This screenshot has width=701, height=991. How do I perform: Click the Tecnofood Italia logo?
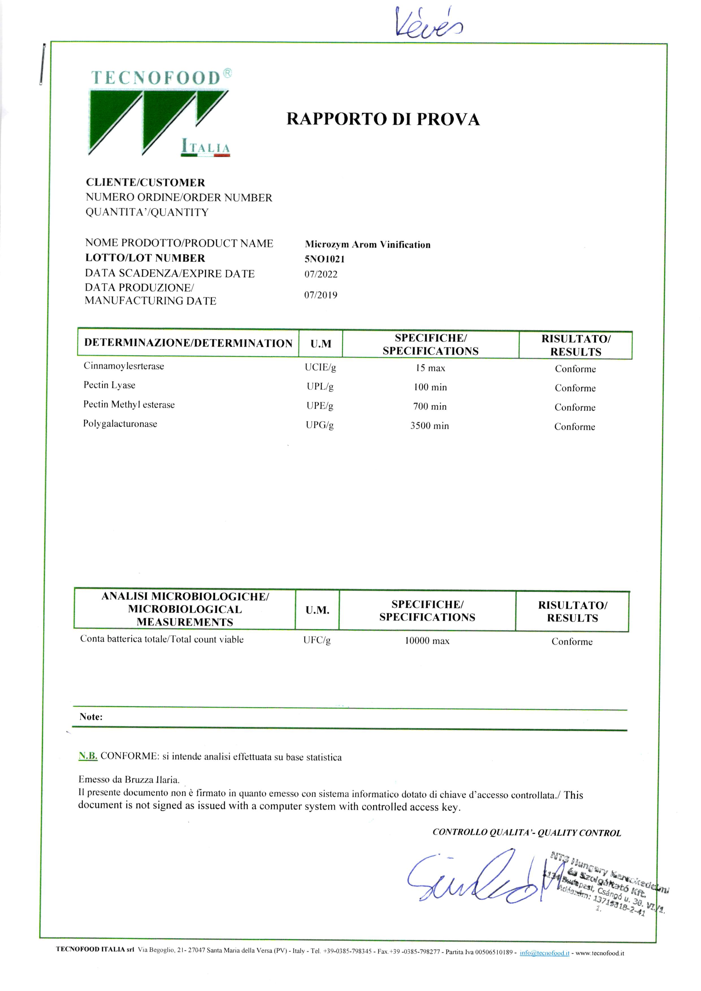(160, 113)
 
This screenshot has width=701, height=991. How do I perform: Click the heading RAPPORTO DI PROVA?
(383, 120)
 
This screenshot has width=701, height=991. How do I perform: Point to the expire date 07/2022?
(321, 274)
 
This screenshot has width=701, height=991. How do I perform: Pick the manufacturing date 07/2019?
(321, 295)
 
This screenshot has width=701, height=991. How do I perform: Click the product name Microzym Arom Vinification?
(367, 245)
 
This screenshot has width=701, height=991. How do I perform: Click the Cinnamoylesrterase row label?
(124, 366)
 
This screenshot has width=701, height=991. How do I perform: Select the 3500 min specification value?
(429, 426)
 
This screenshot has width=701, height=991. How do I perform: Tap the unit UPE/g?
(320, 406)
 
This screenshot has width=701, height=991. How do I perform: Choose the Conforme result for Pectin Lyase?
(575, 388)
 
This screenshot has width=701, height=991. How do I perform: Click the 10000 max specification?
(427, 641)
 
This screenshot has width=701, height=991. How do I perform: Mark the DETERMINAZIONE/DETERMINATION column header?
(188, 343)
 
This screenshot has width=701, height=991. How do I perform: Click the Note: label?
(91, 717)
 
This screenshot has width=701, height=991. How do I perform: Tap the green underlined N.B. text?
(88, 756)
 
